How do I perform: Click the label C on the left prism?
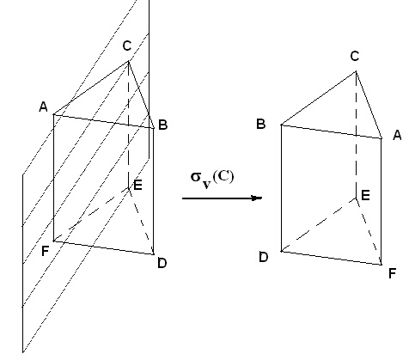pos(126,46)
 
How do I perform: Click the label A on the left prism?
pos(43,107)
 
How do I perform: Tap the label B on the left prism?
pos(162,125)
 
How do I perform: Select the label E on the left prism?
pos(137,185)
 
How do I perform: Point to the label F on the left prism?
pos(46,251)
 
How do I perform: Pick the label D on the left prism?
pos(162,263)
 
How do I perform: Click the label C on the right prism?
pos(355,56)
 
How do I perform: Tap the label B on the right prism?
pos(261,124)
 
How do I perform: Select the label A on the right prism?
pos(397,135)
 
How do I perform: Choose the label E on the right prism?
pos(365,195)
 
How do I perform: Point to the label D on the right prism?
pos(264,257)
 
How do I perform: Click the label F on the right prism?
pos(392,273)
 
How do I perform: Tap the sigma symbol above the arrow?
pos(196,177)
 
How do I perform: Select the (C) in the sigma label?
pos(223,177)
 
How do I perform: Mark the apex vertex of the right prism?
pos(356,71)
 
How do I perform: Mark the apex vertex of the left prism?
pos(128,61)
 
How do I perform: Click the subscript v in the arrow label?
pos(207,184)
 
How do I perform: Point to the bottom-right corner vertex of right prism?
pos(381,265)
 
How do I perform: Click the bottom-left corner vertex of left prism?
pos(53,241)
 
